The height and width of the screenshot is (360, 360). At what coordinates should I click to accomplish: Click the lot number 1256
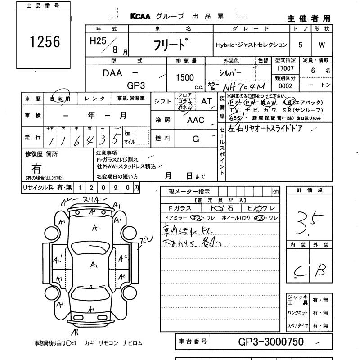click(45, 42)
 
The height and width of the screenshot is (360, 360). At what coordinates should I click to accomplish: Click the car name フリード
click(169, 45)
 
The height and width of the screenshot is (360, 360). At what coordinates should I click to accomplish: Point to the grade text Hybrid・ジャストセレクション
click(251, 45)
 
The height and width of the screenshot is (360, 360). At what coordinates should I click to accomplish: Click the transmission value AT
click(207, 102)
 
